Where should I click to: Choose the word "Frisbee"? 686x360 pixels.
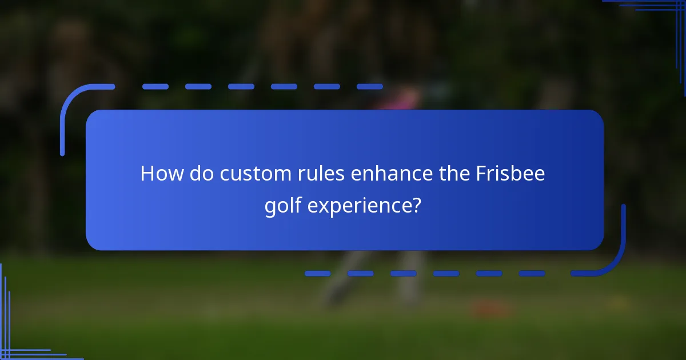click(510, 173)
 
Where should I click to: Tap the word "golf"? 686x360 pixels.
click(283, 204)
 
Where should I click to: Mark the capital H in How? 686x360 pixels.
click(147, 173)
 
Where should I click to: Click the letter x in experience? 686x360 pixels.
click(322, 205)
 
